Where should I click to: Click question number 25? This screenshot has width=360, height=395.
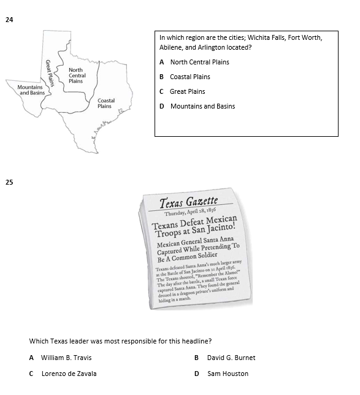pyautogui.click(x=9, y=182)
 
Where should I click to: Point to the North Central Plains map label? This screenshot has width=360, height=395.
pyautogui.click(x=77, y=75)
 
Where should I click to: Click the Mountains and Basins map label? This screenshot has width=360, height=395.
pyautogui.click(x=31, y=90)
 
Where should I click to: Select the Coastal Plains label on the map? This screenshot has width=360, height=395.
pyautogui.click(x=105, y=103)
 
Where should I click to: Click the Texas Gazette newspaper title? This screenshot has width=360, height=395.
pyautogui.click(x=188, y=202)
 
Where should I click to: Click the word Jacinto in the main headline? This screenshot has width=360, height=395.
pyautogui.click(x=220, y=231)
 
